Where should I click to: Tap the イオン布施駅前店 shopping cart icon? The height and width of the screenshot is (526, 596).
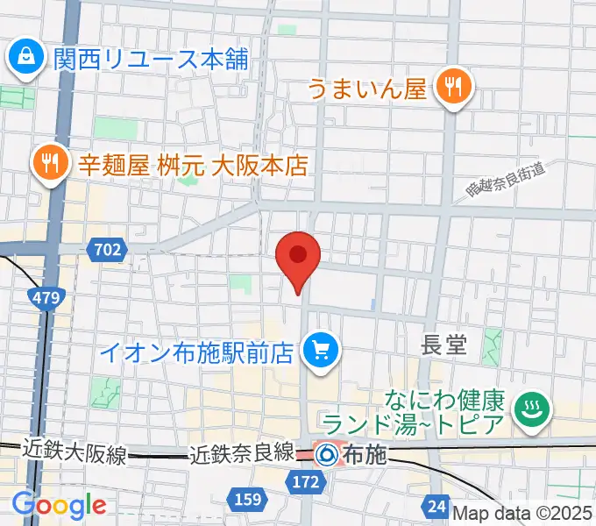point(316,352)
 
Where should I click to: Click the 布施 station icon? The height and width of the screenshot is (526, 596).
point(326,454)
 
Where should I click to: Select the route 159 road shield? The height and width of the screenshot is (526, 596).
point(246,499)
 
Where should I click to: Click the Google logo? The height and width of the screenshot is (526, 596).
point(59,505)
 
